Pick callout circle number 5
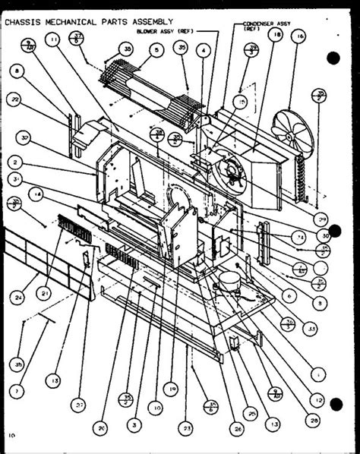pyautogui.click(x=156, y=51)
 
